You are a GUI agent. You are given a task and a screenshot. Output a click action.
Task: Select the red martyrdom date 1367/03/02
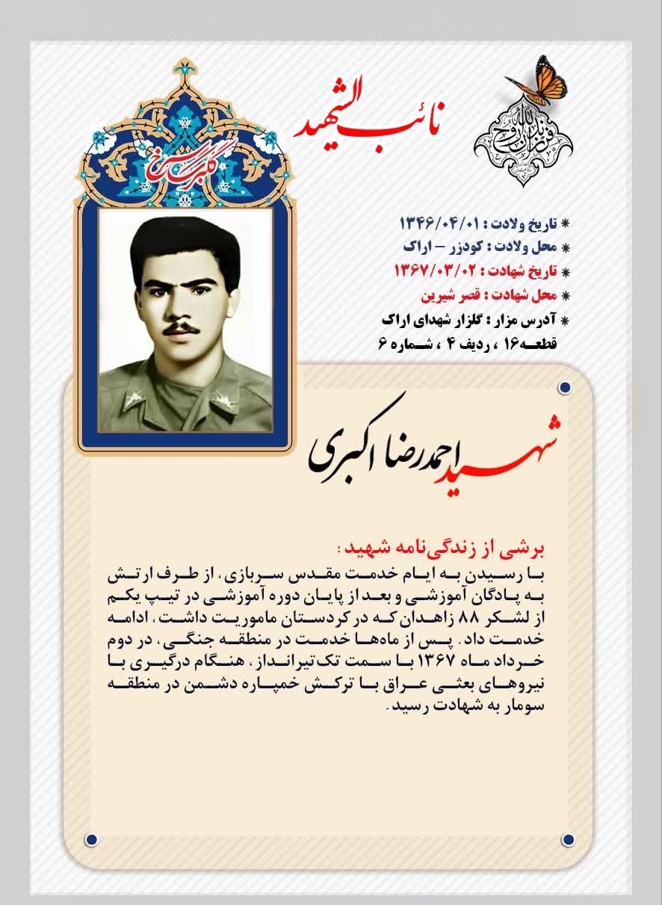(434, 270)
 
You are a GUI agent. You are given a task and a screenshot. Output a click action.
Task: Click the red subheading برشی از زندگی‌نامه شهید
(444, 549)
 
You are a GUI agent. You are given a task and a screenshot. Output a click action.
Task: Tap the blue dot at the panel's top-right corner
(565, 387)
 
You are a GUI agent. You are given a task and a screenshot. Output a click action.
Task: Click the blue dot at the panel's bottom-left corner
(91, 839)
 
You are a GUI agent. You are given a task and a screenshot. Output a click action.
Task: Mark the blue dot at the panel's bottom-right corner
(567, 839)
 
